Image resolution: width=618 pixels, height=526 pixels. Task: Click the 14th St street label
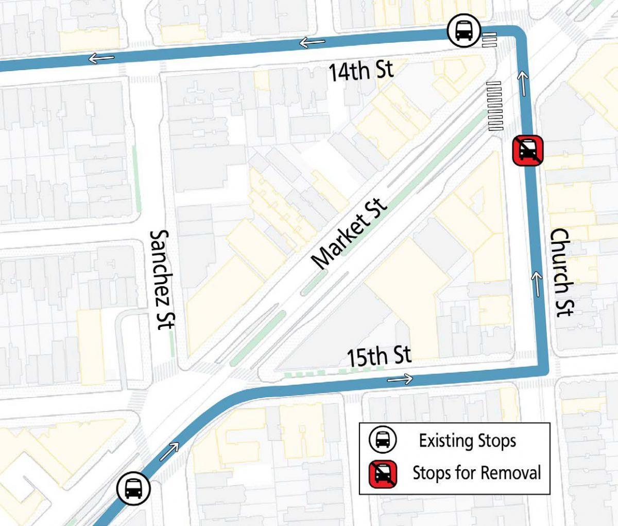(360, 71)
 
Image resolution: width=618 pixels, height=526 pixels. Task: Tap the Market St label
(350, 235)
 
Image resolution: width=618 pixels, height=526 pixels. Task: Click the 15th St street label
(379, 356)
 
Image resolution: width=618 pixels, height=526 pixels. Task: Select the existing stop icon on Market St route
(133, 488)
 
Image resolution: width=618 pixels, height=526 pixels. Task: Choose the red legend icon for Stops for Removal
(383, 473)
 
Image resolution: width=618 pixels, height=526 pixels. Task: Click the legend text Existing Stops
(467, 441)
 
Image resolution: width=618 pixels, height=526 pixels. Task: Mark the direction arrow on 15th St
(400, 380)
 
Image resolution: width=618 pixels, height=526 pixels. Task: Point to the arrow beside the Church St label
(537, 285)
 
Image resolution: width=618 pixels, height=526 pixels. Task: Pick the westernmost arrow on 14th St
(101, 58)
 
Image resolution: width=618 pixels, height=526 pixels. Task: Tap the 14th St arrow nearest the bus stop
(312, 42)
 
